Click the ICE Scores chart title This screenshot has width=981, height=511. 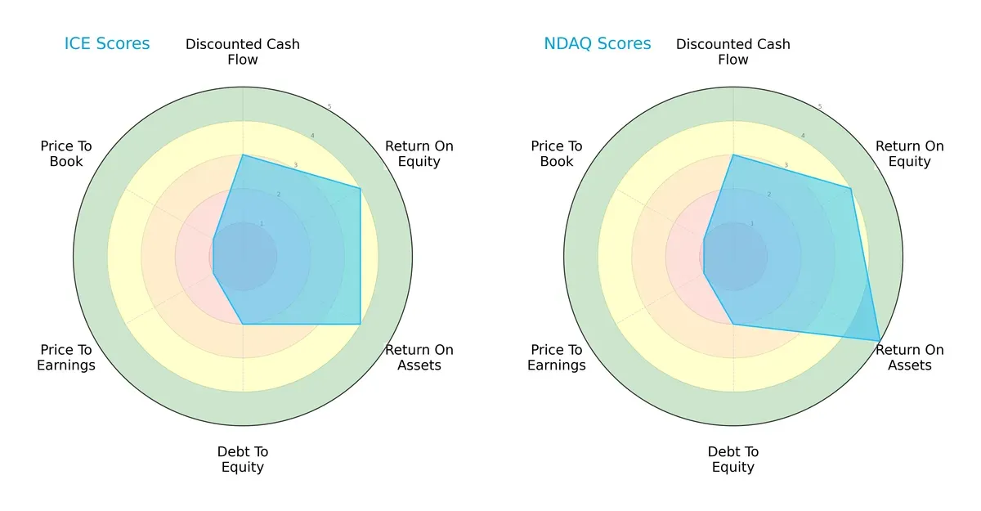pos(107,43)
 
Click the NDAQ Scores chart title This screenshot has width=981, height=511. pos(598,43)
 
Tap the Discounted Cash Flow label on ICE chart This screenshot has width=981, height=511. pos(243,52)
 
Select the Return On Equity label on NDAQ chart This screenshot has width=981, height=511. pos(909,154)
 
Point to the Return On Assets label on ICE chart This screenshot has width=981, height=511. pos(419,357)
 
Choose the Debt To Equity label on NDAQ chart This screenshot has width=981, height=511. pos(733,459)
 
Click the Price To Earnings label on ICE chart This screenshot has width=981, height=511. pos(66,357)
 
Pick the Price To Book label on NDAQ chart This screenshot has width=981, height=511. pos(557,154)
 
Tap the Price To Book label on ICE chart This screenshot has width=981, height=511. pos(66,154)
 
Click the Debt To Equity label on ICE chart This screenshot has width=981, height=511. pos(243,459)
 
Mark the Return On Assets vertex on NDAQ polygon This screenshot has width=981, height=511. pos(880,340)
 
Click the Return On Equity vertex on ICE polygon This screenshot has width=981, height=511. pos(361,188)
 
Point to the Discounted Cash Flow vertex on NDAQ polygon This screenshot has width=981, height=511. pos(733,155)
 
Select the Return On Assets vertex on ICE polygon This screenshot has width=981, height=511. pos(361,324)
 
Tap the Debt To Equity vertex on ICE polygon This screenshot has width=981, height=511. pos(243,324)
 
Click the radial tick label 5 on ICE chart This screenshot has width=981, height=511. pos(329,106)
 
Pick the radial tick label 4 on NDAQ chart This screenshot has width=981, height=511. pos(803,136)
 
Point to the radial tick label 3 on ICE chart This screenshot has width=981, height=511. pos(295,165)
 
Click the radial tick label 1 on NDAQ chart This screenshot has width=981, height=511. pos(752,223)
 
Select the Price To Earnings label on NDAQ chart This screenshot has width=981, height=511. pos(557,357)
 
